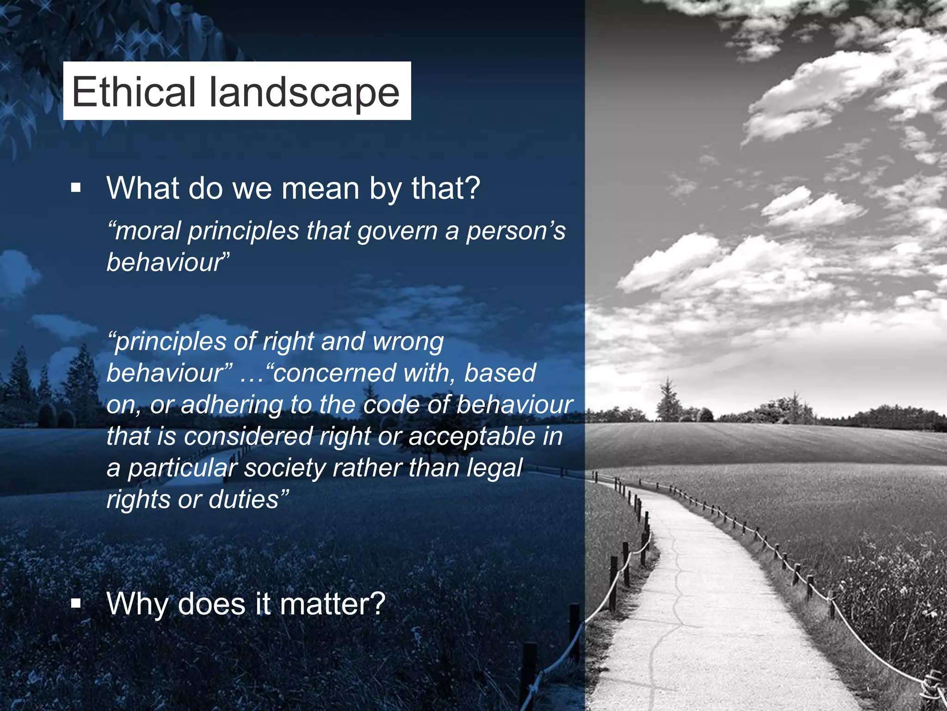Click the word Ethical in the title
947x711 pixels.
coord(134,92)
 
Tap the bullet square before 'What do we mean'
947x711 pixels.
coord(76,188)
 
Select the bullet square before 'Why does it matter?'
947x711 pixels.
coord(76,604)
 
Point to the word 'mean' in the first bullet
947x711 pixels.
coord(320,188)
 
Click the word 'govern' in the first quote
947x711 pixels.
coord(397,231)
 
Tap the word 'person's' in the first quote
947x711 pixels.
coord(515,231)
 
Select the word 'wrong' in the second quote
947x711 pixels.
coord(408,342)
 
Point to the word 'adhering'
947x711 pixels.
coord(232,405)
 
